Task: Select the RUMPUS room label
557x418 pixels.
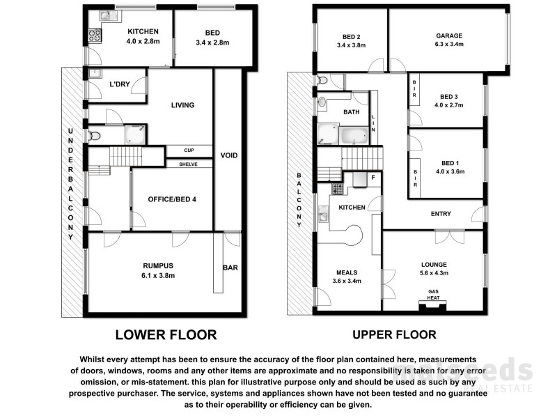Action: pos(159,265)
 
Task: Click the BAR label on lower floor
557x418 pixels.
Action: pos(230,267)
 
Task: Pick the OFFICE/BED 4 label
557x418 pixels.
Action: pos(172,200)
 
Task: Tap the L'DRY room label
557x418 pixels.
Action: pos(120,84)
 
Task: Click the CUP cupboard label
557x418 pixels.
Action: pos(189,150)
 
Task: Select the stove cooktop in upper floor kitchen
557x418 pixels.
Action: pos(337,189)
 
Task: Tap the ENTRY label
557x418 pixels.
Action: pos(440,214)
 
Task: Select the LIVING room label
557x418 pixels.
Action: pos(183,105)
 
